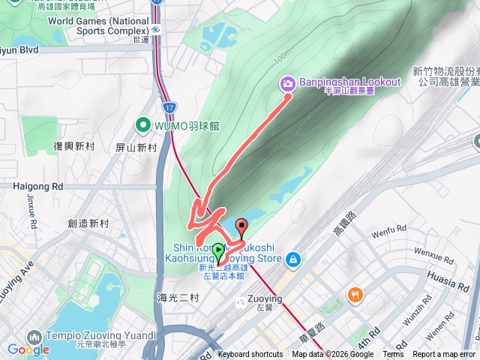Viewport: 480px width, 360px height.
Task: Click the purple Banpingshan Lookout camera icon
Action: click(x=287, y=84)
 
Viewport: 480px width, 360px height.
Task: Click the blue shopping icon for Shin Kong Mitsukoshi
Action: click(x=293, y=259)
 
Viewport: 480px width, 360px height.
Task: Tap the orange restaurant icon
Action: click(x=355, y=295)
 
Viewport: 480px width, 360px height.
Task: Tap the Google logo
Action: click(x=28, y=349)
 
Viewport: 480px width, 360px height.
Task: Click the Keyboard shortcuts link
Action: click(x=250, y=355)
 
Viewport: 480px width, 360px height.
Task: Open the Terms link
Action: click(x=393, y=355)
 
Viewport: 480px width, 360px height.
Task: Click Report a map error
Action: click(x=443, y=355)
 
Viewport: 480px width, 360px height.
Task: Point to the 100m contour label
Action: click(x=281, y=58)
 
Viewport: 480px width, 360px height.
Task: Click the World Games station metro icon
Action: click(x=154, y=29)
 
